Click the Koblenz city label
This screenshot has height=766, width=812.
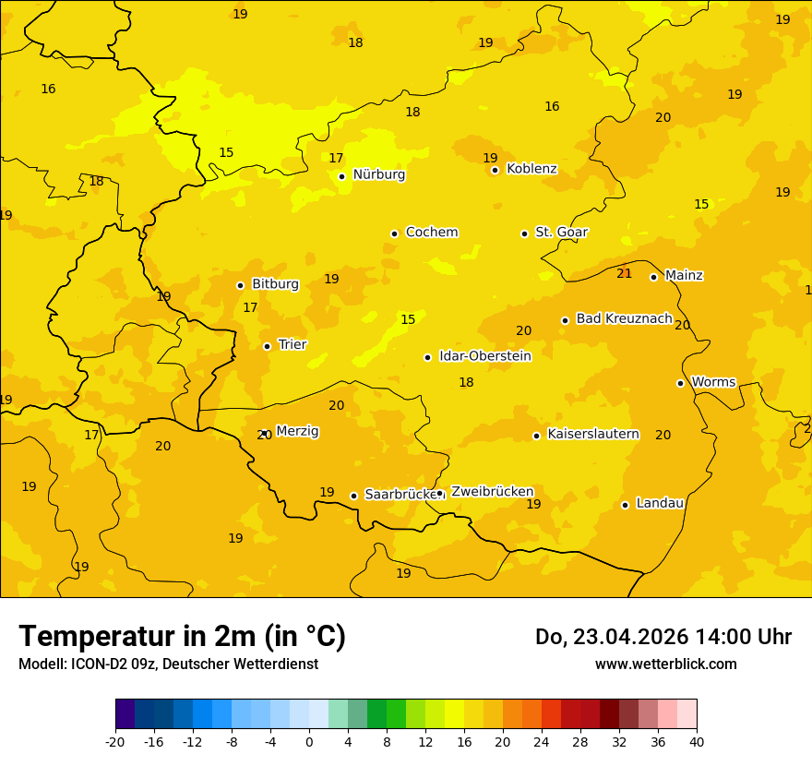coord(531,169)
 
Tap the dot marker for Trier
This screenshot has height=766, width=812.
coord(267,346)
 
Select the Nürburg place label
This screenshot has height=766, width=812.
coord(378,174)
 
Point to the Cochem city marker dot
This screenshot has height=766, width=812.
coord(394,233)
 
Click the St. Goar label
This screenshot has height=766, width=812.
coord(561,233)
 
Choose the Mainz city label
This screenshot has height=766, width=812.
coord(684,275)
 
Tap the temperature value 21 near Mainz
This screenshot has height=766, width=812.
coord(625,273)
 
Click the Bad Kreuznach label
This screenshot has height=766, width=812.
coord(624,318)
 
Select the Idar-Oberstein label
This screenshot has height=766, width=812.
coord(484,356)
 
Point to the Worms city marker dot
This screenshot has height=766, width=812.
coord(680,383)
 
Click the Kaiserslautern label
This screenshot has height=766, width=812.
coord(593,434)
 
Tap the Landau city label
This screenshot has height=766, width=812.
coord(660,503)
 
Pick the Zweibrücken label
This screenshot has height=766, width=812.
coord(492,492)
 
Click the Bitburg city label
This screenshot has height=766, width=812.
coord(275,284)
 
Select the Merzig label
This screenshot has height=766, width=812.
coord(297,431)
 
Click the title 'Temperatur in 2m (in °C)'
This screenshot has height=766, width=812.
coord(182,636)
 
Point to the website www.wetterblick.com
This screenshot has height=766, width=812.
coord(665,664)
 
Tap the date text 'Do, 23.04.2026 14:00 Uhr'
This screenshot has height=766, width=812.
coord(663,637)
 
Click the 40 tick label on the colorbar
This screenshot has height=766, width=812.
coord(697,741)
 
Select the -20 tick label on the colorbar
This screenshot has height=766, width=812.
coord(115,741)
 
